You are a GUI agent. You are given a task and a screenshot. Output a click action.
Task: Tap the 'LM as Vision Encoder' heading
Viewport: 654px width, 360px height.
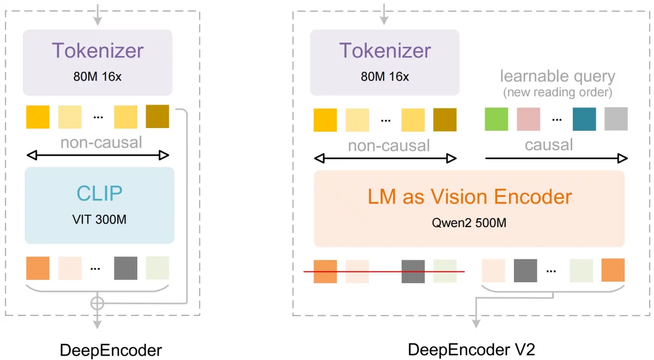pyautogui.click(x=469, y=197)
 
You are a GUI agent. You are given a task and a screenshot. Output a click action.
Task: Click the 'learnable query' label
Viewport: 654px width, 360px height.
pyautogui.click(x=558, y=76)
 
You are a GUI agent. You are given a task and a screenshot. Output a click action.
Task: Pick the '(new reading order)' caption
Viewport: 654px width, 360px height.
pyautogui.click(x=558, y=92)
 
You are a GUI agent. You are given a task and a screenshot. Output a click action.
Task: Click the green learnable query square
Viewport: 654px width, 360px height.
pyautogui.click(x=496, y=119)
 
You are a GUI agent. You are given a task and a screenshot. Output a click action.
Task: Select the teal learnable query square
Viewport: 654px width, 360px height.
pyautogui.click(x=584, y=119)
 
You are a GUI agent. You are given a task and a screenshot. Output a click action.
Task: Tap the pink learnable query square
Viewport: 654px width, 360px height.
pyautogui.click(x=528, y=119)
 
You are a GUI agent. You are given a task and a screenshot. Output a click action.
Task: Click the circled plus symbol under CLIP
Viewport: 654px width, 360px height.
pyautogui.click(x=97, y=303)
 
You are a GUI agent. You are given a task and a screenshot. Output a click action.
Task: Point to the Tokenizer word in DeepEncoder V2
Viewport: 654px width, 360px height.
pyautogui.click(x=385, y=51)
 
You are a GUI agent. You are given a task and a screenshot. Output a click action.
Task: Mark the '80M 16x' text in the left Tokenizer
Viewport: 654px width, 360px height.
pyautogui.click(x=98, y=76)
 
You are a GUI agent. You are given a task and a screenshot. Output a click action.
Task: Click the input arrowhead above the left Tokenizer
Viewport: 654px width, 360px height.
pyautogui.click(x=98, y=21)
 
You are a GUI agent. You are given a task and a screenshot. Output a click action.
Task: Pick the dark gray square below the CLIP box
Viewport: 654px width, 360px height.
pyautogui.click(x=125, y=268)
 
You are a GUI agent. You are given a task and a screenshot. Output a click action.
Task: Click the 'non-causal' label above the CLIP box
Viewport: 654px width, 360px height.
pyautogui.click(x=101, y=143)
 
